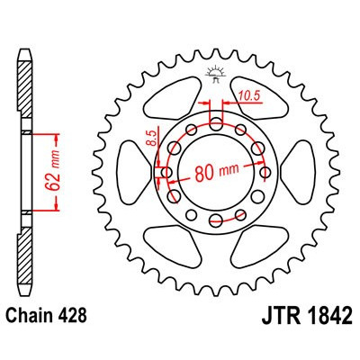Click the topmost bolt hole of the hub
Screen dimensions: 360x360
(x=216, y=120)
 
